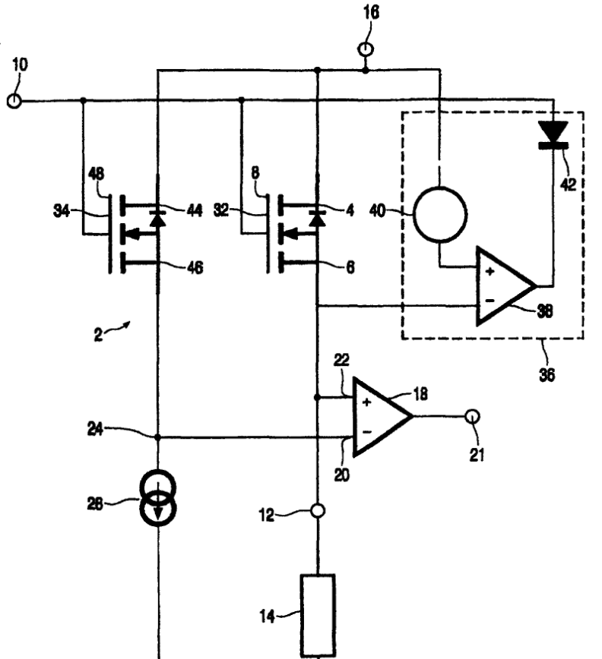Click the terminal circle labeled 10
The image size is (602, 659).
point(14,101)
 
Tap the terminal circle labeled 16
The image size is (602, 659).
point(366,49)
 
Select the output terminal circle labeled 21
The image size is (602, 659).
point(473,416)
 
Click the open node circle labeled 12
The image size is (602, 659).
point(318,511)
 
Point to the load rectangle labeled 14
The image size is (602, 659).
point(318,615)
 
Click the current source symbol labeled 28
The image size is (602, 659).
point(158,499)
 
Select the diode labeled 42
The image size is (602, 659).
point(553,135)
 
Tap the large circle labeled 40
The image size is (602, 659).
point(440,214)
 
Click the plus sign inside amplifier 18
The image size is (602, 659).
point(366,402)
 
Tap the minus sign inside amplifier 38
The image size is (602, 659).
point(490,301)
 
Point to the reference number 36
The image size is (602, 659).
point(547,374)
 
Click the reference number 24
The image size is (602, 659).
point(95,429)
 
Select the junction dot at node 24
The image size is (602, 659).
point(158,437)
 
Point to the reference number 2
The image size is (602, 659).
point(98,335)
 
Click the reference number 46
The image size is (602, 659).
point(195,267)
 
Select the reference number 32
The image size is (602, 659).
point(221,210)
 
